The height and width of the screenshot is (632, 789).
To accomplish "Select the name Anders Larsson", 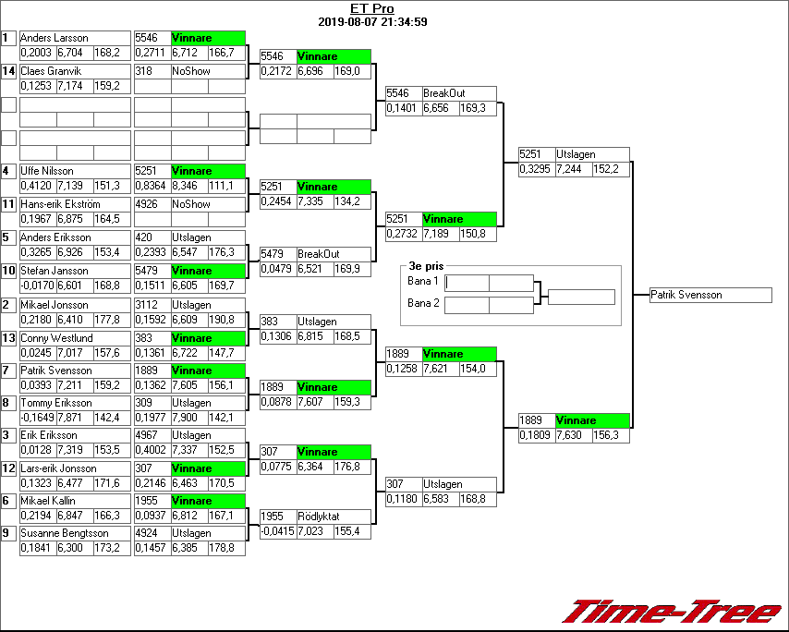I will coord(54,38).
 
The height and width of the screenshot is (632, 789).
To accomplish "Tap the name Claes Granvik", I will coord(51,71).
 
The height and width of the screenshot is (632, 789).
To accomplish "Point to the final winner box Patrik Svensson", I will coord(686,295).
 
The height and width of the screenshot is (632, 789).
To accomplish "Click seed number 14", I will coord(8,71).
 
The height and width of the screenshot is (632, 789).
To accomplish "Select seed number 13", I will coord(8,338).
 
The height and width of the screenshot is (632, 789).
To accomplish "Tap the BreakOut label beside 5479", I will coord(318,254).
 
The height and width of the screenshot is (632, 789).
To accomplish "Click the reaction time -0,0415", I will coord(277,531).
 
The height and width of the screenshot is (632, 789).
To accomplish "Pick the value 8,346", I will coord(187,186).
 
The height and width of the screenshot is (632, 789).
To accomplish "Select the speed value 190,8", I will coord(222,320).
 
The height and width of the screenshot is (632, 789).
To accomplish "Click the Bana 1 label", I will coord(423,281).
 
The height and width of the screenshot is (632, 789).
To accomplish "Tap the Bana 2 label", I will coord(423,303).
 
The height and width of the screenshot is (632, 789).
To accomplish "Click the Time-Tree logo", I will coord(672,612).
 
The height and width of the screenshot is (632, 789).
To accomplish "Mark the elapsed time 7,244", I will coord(571,169).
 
